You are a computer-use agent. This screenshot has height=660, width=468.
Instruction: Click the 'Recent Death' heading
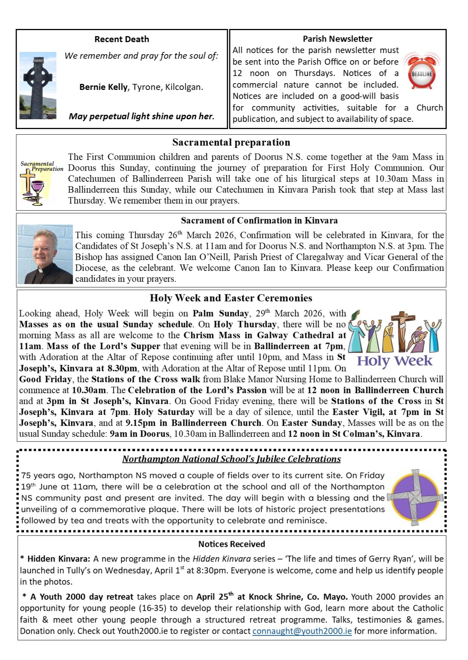point(122,39)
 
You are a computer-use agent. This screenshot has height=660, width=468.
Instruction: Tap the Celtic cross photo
point(38,85)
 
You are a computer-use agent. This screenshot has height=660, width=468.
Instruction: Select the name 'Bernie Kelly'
point(104,87)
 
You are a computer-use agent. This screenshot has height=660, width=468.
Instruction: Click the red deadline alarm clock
point(422,72)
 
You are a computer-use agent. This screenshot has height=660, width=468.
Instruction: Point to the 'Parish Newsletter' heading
point(337,39)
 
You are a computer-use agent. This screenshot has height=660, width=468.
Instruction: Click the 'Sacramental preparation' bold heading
point(231,142)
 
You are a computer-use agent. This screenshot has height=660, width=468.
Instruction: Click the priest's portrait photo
point(45,254)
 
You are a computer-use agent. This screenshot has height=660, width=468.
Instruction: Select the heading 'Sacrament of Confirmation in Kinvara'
point(259,220)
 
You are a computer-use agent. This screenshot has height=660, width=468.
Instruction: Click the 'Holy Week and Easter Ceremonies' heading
point(231,298)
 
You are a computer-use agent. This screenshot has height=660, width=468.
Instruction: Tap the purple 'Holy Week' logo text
point(395,362)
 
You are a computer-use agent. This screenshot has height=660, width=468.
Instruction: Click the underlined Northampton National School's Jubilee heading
point(231,459)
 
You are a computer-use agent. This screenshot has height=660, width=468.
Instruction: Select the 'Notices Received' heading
point(232,544)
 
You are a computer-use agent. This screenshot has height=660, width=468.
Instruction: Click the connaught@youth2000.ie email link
point(302,631)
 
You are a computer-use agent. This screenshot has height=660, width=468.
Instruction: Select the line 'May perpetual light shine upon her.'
point(142,116)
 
